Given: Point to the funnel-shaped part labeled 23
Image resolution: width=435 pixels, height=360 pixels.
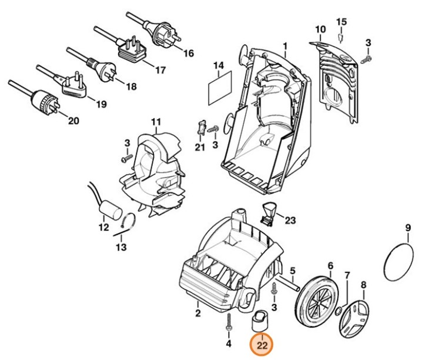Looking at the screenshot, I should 270,212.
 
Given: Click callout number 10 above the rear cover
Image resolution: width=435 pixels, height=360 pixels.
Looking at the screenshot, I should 320,30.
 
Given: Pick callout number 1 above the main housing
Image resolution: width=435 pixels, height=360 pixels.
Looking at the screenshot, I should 285,46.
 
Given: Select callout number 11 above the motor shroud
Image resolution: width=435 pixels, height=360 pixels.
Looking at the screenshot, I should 155,122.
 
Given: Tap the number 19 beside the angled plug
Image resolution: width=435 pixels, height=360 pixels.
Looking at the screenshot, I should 101,105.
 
